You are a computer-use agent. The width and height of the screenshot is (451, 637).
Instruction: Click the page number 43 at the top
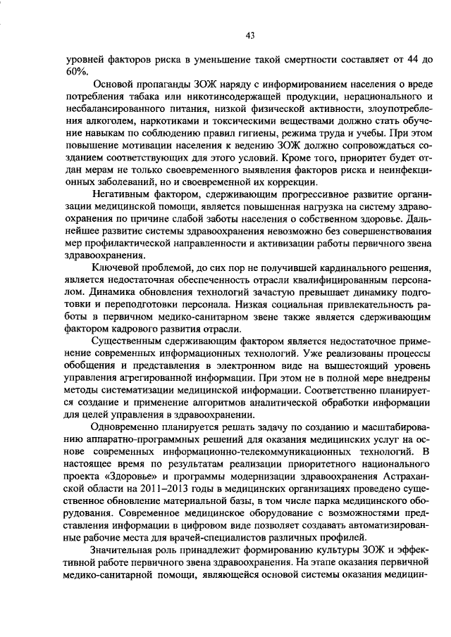pos(249,36)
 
